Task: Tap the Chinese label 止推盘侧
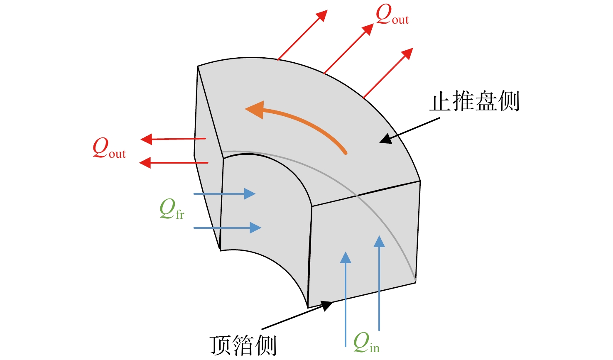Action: [474, 102]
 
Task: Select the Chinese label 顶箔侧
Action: [243, 345]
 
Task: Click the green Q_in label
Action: [366, 343]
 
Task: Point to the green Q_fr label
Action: [172, 209]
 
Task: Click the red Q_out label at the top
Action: [392, 15]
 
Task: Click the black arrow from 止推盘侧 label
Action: [409, 130]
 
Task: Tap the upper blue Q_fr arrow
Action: [224, 193]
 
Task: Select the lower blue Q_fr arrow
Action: [228, 228]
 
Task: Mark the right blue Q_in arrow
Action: [379, 283]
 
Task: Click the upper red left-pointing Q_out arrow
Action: [173, 139]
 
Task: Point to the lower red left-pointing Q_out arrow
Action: [174, 163]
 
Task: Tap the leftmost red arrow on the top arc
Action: [302, 35]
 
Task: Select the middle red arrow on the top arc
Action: [348, 49]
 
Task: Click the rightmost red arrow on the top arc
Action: [388, 73]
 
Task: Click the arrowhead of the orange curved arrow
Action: [255, 110]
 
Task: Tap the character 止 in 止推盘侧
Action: [440, 102]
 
